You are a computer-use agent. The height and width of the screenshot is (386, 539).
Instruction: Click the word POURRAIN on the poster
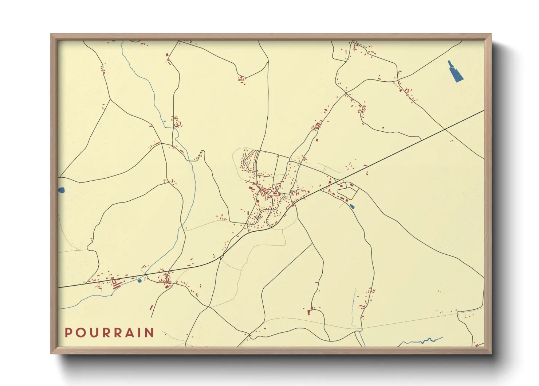[109, 333]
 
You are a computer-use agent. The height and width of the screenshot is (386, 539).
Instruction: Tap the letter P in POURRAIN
[68, 333]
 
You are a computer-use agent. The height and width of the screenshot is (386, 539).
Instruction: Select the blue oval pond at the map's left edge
[61, 190]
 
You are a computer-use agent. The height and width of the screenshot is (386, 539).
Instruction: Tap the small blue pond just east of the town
[351, 206]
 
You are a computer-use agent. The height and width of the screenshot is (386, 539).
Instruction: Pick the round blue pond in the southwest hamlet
[139, 281]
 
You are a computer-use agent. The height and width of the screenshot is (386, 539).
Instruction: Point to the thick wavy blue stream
[422, 341]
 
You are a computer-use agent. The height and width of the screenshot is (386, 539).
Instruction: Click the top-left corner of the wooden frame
[51, 35]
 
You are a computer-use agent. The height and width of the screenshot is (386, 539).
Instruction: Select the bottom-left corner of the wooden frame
[51, 353]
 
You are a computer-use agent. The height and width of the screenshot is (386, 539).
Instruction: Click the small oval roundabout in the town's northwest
[244, 160]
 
